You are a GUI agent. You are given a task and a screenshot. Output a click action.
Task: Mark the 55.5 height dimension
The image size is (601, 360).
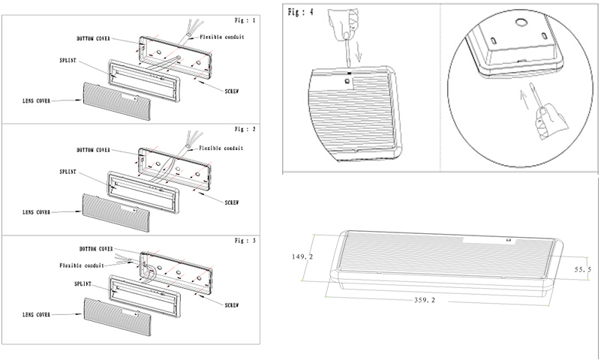pos(584,268)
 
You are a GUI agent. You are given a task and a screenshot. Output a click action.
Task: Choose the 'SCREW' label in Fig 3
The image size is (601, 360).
pos(231,304)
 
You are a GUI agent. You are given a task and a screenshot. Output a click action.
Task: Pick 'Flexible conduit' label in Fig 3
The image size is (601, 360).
pos(84,265)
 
